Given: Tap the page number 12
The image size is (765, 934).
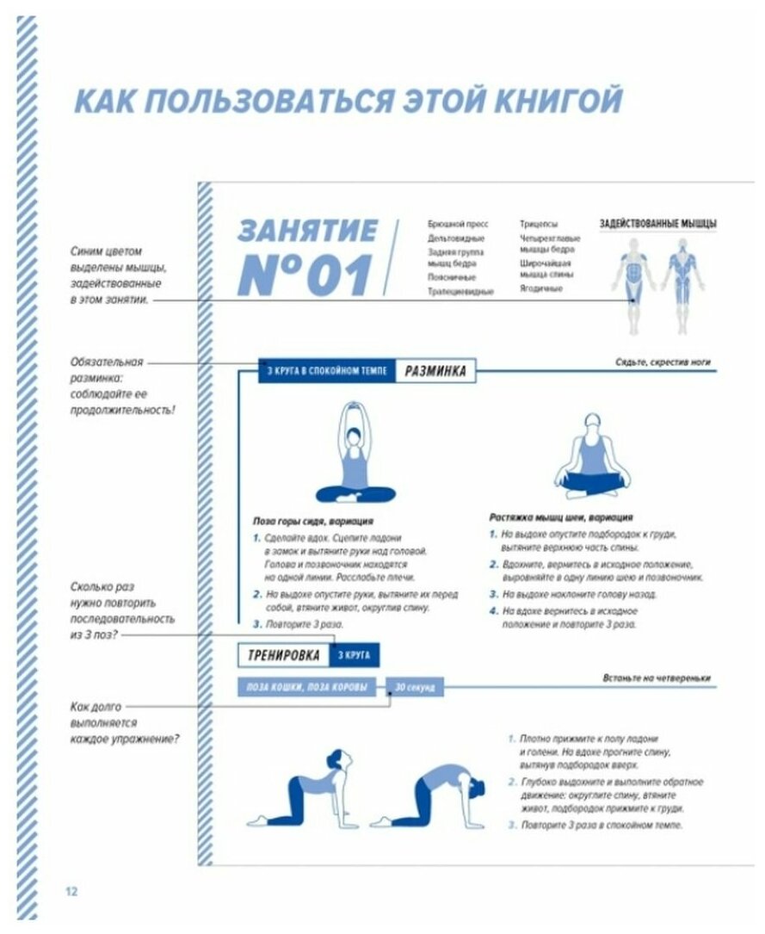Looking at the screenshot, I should (71, 891).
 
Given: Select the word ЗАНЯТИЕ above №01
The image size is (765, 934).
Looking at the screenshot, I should (308, 231).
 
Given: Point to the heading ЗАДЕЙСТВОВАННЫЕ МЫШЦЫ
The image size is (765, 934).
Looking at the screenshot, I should (658, 224).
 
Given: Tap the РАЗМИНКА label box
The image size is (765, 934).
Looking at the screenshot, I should (436, 372).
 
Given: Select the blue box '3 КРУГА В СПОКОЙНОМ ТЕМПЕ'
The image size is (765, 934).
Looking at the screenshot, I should (328, 372).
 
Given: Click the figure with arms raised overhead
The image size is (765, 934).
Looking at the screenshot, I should (355, 453).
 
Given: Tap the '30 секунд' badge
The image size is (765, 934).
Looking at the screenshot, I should (416, 688).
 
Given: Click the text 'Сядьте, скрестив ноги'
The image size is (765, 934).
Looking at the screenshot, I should (663, 362).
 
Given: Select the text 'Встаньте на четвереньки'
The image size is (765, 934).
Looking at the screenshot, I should (657, 678).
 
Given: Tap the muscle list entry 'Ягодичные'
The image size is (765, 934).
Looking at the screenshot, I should (540, 289).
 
